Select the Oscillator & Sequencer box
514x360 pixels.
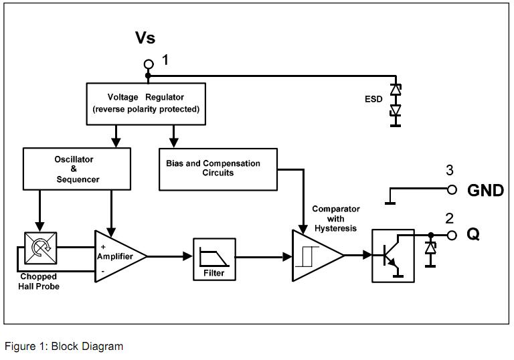(x=76, y=170)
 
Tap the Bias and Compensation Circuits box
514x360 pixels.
(x=218, y=169)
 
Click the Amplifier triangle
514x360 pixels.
(x=117, y=256)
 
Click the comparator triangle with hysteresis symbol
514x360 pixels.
(x=315, y=255)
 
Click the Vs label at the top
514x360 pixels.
(x=145, y=37)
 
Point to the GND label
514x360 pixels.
(x=485, y=191)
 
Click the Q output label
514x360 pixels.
(x=473, y=236)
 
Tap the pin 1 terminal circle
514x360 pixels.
(x=149, y=64)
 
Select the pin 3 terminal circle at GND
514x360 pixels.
(x=452, y=190)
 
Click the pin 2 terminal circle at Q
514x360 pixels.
(x=452, y=235)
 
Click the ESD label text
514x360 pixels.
(x=373, y=99)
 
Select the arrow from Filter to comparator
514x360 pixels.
(x=263, y=256)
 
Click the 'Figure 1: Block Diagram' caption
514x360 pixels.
(x=64, y=346)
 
